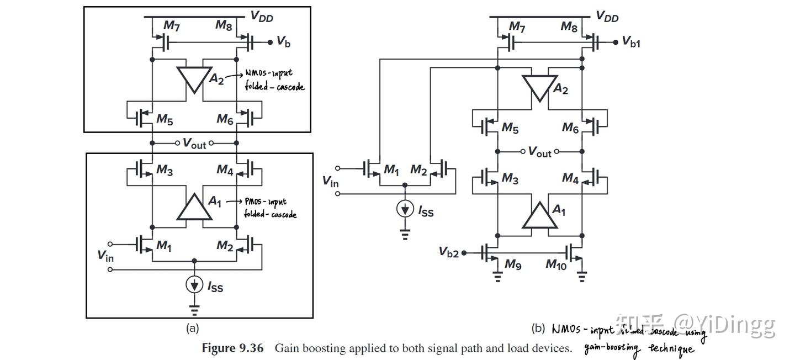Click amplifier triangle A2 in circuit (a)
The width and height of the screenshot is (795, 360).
194,77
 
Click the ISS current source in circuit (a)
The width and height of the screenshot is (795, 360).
194,284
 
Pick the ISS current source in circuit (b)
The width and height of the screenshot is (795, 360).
406,209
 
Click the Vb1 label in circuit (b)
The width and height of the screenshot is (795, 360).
631,42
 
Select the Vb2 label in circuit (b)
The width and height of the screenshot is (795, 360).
449,252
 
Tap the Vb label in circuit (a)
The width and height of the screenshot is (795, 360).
283,42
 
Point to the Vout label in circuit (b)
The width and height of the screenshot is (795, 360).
539,151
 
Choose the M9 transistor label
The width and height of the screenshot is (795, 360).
513,265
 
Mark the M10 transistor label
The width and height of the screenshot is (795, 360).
556,265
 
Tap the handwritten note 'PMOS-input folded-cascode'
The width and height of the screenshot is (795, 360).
269,208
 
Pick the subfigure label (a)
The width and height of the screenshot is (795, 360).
192,329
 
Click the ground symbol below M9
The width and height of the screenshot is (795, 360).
497,277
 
